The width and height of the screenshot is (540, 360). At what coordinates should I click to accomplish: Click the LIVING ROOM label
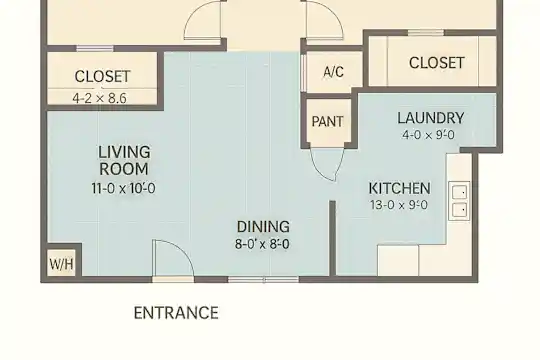tap(124, 161)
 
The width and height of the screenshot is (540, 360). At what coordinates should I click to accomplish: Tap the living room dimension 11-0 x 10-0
tap(123, 188)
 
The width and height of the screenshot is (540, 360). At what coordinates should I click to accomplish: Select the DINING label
tap(263, 227)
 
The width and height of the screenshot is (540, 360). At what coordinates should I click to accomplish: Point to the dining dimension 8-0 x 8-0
tap(262, 244)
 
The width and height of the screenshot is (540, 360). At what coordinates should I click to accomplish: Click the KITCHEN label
tap(399, 188)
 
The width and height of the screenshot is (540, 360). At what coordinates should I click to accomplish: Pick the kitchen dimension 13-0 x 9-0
tap(399, 205)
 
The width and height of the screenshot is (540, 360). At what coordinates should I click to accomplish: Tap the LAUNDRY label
tap(431, 118)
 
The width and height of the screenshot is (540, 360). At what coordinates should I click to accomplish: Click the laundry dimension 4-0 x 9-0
tap(428, 135)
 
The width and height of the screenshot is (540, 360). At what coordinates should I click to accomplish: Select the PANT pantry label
tap(328, 122)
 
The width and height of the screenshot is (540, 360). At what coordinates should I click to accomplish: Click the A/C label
tap(333, 72)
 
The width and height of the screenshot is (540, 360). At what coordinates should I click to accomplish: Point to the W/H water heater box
tap(61, 264)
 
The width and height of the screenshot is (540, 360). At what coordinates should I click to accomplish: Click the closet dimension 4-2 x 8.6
tap(100, 99)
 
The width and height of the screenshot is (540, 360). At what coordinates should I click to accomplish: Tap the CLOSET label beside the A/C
tap(437, 63)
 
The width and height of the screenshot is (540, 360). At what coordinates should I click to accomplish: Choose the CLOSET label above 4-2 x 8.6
tap(103, 76)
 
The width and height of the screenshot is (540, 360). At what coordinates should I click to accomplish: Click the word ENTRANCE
tap(176, 313)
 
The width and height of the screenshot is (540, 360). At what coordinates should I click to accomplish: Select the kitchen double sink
tap(459, 201)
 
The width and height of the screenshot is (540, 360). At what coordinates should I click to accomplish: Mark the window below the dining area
tap(263, 279)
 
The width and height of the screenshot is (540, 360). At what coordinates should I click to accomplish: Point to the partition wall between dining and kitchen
tap(332, 238)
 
